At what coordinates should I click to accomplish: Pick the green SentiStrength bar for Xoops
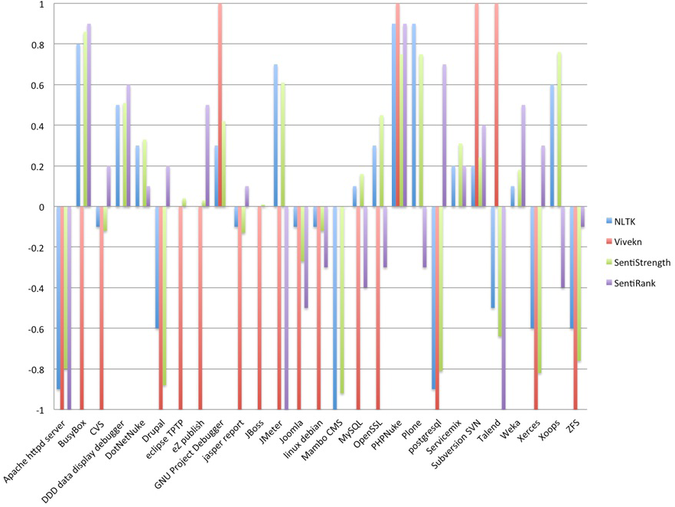click(x=559, y=129)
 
